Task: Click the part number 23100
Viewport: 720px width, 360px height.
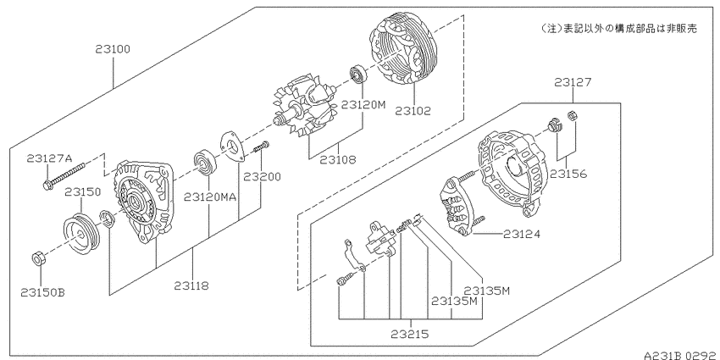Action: pos(113,49)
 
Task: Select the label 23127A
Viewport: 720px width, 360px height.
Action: pos(50,159)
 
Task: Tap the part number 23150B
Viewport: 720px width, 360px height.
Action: pos(42,292)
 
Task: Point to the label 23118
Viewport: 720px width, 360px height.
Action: pos(191,285)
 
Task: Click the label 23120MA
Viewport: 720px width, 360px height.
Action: pos(210,197)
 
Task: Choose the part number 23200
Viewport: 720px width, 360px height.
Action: pos(262,176)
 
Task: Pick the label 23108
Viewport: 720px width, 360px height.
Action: pos(338,160)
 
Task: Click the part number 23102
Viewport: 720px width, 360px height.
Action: pos(413,111)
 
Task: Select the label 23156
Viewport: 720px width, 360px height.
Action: pos(568,174)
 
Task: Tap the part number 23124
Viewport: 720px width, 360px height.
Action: pos(522,234)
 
